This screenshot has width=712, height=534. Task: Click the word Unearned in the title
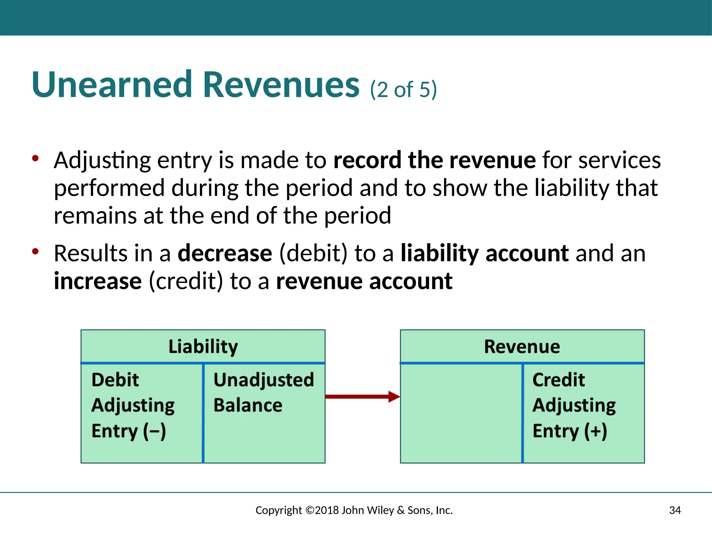(x=111, y=85)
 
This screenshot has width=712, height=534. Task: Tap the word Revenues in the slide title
(x=281, y=85)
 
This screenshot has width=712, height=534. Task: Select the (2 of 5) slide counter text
(x=403, y=90)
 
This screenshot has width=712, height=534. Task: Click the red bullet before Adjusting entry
(x=35, y=159)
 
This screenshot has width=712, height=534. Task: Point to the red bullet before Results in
(x=35, y=251)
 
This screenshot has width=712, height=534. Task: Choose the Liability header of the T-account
(x=203, y=347)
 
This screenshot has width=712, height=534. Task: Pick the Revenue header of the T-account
(x=522, y=347)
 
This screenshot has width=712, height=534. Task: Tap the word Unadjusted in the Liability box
(x=264, y=380)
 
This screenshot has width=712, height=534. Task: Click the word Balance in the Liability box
(x=248, y=405)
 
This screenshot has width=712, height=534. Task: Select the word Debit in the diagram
(x=115, y=380)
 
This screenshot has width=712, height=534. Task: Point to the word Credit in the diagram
(x=558, y=380)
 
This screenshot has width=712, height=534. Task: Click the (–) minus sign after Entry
(x=155, y=431)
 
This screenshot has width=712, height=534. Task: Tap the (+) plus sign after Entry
(x=596, y=431)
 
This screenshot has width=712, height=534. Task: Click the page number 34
(x=675, y=510)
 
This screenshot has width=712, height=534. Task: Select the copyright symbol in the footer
(x=309, y=510)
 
